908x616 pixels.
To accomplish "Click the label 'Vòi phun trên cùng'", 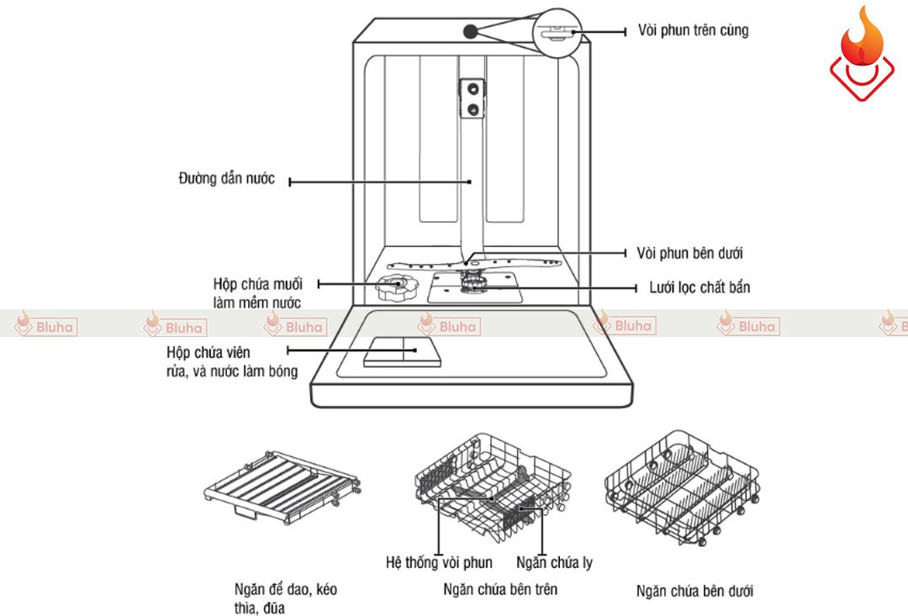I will click(x=693, y=30).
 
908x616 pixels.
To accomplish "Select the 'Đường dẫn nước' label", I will click(x=227, y=179).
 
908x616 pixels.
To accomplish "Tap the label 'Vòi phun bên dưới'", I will click(x=689, y=253).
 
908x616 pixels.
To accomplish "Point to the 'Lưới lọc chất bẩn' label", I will click(x=699, y=287).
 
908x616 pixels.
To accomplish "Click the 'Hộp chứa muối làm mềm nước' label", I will click(x=257, y=293).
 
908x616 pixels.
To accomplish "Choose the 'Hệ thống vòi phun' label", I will click(x=439, y=563).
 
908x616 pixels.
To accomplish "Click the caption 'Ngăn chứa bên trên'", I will click(x=500, y=589).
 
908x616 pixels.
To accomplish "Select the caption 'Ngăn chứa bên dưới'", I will click(x=694, y=591).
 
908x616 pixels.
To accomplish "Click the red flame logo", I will click(x=861, y=52).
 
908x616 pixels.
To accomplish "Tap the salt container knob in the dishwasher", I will click(x=392, y=288).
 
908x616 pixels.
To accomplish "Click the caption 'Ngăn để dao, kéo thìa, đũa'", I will click(x=286, y=598).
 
